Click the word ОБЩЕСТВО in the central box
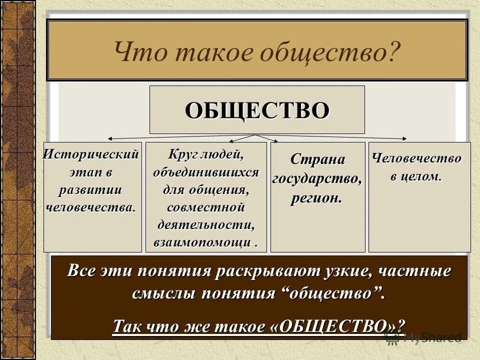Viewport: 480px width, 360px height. pos(257,110)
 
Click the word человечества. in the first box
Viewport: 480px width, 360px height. pos(91,206)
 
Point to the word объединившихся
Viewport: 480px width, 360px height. pos(206,172)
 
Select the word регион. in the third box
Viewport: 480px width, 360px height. pos(317,197)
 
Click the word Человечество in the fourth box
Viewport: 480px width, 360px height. pos(417,158)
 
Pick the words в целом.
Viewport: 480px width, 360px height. pos(416,176)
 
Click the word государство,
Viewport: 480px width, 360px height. pos(317,178)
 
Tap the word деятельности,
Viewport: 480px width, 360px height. pos(206,225)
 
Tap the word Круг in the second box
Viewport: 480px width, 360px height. pos(181,155)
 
